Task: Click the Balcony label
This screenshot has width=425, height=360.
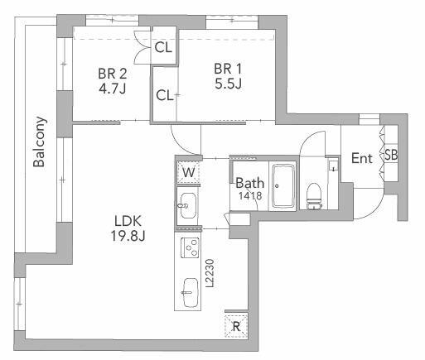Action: pos(39,142)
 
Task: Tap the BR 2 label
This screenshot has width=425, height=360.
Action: pos(113,74)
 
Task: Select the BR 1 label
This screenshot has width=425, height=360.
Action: pos(228,69)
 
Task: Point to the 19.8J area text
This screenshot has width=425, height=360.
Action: pos(128,236)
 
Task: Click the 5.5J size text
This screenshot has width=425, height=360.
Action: pos(229,84)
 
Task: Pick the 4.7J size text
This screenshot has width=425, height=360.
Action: pos(113,89)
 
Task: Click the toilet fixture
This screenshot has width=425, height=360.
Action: pos(315,196)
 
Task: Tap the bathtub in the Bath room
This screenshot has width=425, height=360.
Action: pos(283,185)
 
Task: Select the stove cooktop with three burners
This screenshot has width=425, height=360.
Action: pos(190,247)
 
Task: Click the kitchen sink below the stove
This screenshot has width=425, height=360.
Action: pos(191,292)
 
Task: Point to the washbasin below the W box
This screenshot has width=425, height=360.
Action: pos(188,205)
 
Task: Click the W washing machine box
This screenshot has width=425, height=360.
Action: pos(189,173)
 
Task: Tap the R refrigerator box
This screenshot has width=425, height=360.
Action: pos(236,326)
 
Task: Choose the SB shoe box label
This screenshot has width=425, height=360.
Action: pos(391,155)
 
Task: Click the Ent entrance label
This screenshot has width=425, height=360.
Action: pos(362,158)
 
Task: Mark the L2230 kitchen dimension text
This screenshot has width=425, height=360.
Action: pos(210,273)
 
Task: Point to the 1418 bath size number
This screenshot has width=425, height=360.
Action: pos(250,195)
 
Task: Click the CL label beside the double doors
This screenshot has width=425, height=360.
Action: pos(163,47)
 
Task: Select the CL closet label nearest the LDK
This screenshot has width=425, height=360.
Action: pos(165,95)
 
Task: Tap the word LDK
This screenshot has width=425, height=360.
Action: pos(128,221)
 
